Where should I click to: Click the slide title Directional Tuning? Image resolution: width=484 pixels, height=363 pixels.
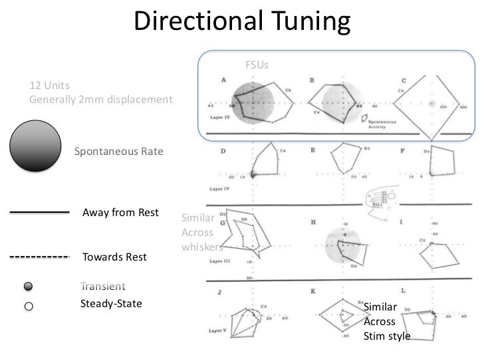pos(241,21)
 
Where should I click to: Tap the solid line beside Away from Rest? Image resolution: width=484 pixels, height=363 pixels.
pos(39,213)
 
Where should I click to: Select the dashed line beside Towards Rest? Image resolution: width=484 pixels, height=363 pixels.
pos(39,257)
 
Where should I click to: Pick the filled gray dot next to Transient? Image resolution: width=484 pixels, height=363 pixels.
pos(29,287)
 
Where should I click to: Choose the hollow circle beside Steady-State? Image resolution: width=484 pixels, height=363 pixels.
pos(29,306)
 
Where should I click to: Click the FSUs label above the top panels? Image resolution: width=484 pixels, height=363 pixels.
pos(257,65)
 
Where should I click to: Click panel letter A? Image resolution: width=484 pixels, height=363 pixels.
pos(224,79)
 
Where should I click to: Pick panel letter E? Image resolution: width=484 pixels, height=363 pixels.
pos(313,151)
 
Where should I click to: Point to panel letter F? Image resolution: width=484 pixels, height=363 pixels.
pos(403,151)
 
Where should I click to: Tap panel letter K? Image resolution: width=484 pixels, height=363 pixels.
pos(312,291)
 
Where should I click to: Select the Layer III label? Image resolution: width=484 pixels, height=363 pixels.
pos(221,261)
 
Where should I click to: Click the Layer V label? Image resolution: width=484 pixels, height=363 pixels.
pos(219,330)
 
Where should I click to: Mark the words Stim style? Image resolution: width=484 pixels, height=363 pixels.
pos(387,336)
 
